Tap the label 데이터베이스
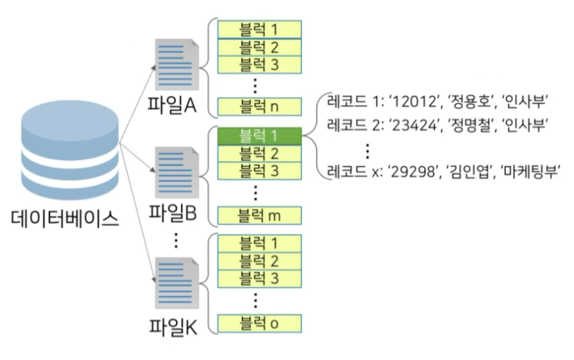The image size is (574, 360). (x=65, y=218)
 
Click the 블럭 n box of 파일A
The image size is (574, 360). (x=260, y=107)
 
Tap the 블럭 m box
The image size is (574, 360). (x=260, y=214)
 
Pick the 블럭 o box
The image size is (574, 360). (x=260, y=324)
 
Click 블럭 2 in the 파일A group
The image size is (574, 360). (x=260, y=48)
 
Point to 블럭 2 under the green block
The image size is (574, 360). (x=260, y=153)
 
